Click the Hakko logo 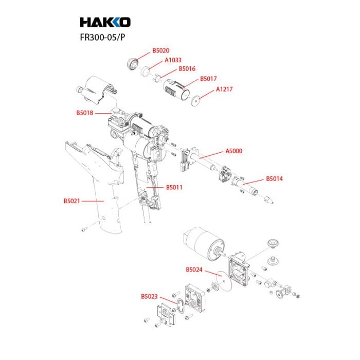point(105,22)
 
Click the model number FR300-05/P point(102,37)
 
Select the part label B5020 point(160,50)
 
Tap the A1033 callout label point(173,60)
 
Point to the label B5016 point(187,68)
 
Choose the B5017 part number point(208,79)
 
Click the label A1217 point(224,89)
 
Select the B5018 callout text point(85,113)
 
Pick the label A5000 point(234,151)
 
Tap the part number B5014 point(274,179)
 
